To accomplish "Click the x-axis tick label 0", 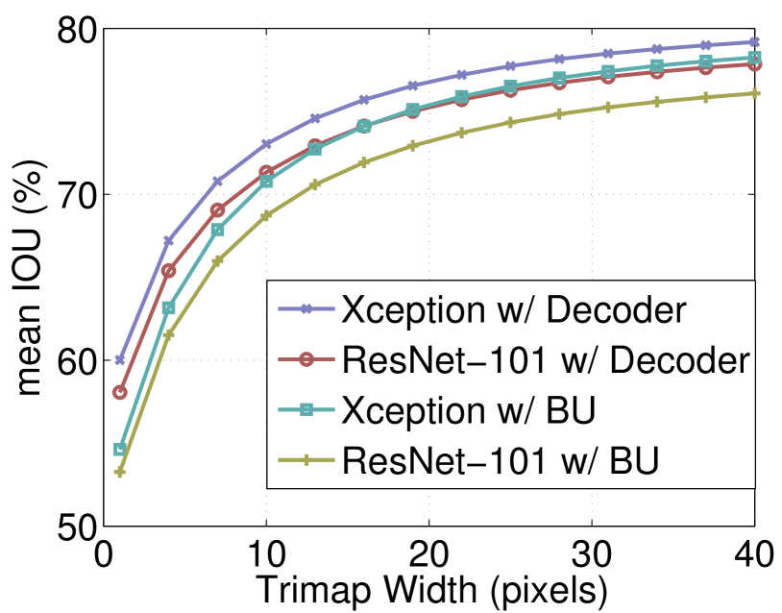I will (x=104, y=556).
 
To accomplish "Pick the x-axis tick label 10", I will (x=266, y=556).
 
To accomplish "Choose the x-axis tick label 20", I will (x=429, y=556).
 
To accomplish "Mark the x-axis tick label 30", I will (x=592, y=556).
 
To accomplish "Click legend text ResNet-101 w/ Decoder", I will (x=544, y=360).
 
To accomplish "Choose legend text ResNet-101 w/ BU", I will (x=500, y=461).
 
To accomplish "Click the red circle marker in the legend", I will (x=305, y=360).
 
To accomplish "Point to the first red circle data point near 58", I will (x=120, y=392).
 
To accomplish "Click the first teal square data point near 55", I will (x=120, y=449).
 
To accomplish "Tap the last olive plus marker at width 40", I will (x=755, y=93).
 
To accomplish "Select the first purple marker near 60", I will (x=120, y=359).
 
